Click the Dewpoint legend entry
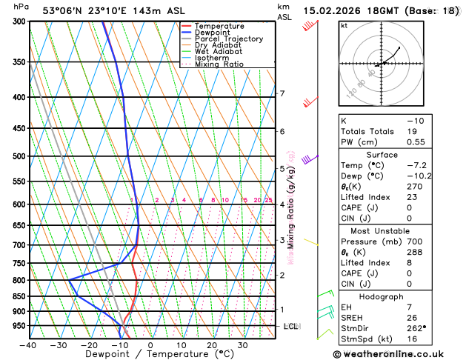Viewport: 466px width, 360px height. coord(213,33)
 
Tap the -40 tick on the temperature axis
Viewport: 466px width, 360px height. coord(29,345)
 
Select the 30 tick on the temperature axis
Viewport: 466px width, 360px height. coord(242,345)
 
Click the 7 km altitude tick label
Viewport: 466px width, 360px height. coord(282,93)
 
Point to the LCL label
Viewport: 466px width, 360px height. coord(291,326)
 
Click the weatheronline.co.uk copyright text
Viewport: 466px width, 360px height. coord(397,353)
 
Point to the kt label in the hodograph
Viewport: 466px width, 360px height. coord(344,25)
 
